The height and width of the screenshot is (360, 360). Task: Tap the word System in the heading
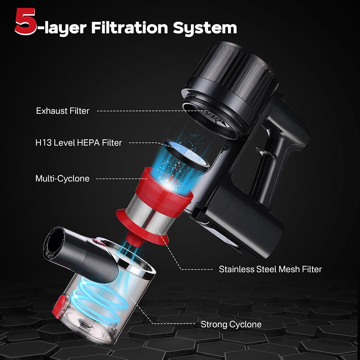click(205, 27)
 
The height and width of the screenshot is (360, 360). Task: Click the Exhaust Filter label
click(62, 111)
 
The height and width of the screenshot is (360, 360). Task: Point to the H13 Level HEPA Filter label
click(78, 143)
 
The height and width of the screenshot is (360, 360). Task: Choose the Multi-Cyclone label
click(62, 179)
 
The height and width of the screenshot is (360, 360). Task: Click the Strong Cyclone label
click(231, 324)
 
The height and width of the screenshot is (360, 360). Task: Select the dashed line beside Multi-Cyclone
click(119, 179)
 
